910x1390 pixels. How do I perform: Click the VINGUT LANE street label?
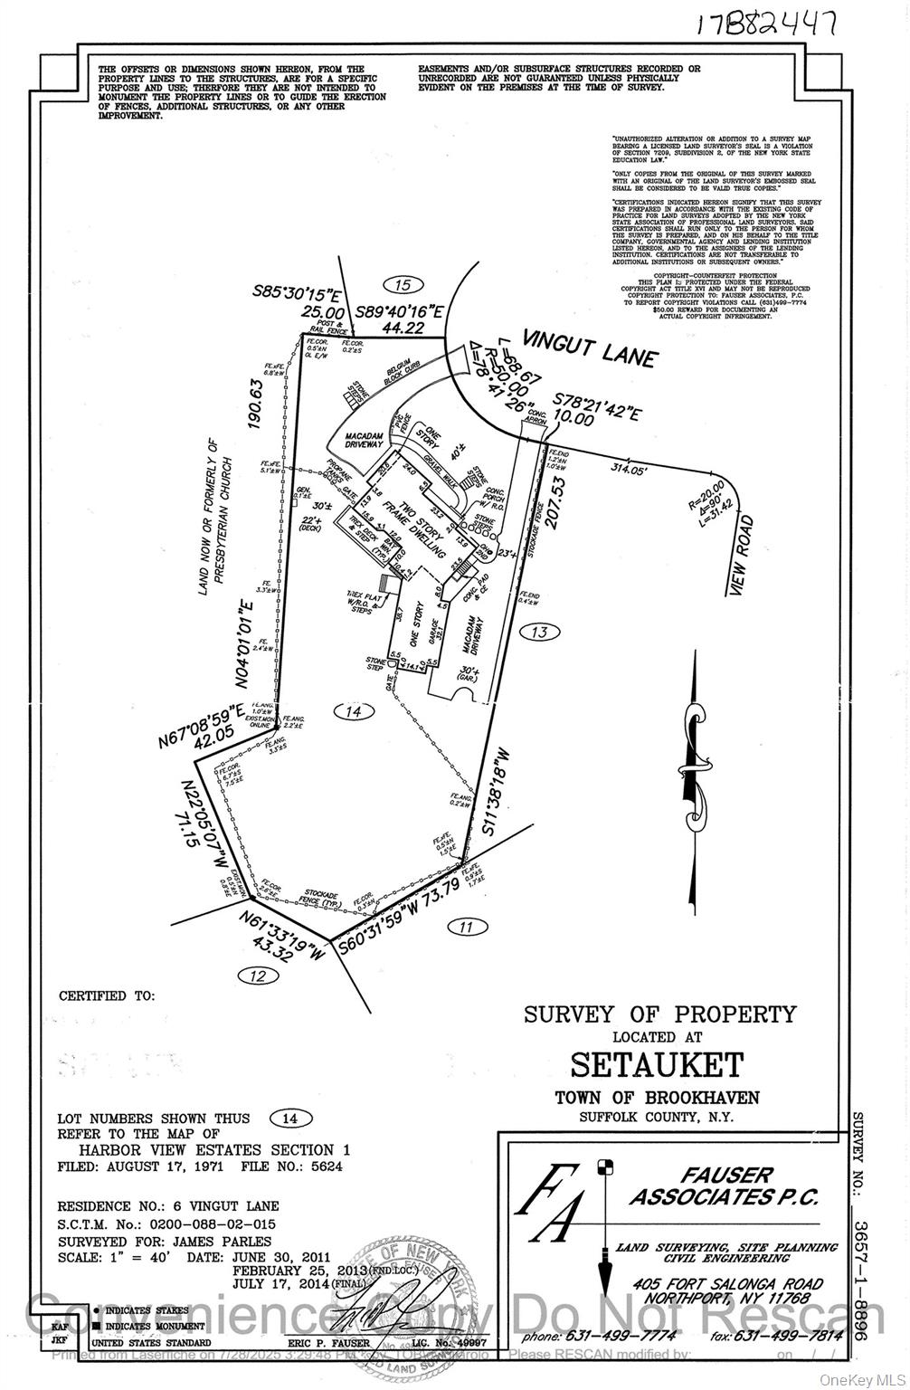pos(601,347)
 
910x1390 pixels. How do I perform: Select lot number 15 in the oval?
pos(403,285)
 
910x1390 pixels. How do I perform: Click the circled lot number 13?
pos(540,632)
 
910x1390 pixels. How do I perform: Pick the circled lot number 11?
pos(465,926)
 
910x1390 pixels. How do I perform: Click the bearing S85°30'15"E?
pos(296,294)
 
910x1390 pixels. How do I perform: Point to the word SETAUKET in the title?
pos(658,1064)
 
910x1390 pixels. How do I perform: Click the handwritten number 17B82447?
pos(764,22)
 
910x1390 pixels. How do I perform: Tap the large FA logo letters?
pos(552,1204)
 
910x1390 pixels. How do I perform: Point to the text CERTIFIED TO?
pos(107,995)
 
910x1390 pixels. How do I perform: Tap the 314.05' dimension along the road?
pos(630,470)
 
